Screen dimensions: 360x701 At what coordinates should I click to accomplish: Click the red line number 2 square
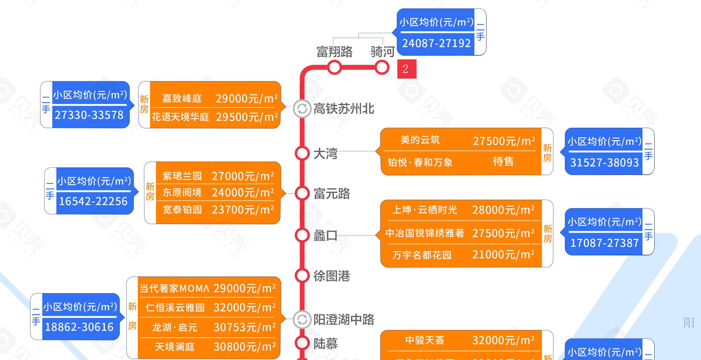pos(407,69)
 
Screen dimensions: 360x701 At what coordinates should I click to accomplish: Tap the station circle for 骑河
pos(382,68)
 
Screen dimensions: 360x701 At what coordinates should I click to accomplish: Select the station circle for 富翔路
pos(334,67)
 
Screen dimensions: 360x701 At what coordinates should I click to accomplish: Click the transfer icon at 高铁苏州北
pos(302,109)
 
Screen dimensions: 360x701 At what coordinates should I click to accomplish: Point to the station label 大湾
pos(325,154)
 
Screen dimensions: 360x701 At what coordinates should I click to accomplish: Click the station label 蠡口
pos(325,236)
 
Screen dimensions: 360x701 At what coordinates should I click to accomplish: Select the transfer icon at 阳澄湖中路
pos(302,320)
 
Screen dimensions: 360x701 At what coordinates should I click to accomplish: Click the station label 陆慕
pos(325,344)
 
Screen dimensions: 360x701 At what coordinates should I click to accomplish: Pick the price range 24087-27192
pos(436,43)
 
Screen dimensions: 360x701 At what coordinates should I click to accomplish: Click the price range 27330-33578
pos(89,115)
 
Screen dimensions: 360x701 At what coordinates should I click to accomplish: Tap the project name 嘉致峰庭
pos(182,99)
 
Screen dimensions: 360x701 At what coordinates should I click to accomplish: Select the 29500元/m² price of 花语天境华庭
pos(247,117)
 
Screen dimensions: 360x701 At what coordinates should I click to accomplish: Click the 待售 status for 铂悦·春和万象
pos(503,162)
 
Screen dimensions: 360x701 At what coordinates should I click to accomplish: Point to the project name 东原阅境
pos(182,193)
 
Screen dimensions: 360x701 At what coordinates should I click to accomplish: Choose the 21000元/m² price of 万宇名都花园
pos(503,255)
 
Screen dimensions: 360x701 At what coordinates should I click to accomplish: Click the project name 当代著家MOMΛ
pos(174,288)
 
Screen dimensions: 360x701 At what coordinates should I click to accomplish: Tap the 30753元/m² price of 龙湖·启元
pos(244,327)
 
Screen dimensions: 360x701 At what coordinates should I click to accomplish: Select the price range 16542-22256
pos(93,202)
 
